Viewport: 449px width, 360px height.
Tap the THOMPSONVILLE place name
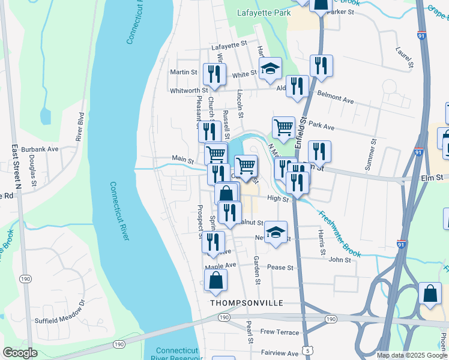click(246, 303)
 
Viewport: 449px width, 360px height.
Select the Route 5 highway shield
click(309, 349)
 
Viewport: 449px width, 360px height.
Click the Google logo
click(20, 352)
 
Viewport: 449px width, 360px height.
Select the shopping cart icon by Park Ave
click(283, 127)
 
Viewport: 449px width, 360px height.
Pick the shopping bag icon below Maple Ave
click(215, 280)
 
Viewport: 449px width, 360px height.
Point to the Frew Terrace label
click(279, 332)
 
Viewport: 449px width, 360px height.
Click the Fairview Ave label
click(279, 353)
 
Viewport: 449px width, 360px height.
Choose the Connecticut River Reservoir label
click(175, 354)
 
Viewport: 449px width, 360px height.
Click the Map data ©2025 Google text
click(411, 355)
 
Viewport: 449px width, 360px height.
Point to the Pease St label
click(280, 268)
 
